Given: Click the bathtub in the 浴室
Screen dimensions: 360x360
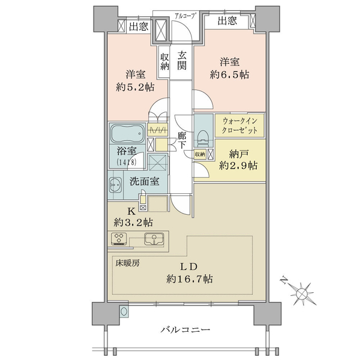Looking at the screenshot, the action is (x=127, y=133).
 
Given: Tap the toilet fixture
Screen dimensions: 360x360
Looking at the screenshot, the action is (x=203, y=139).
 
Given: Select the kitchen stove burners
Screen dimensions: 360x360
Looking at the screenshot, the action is (x=119, y=239).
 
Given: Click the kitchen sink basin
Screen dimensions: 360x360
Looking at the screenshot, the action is (x=154, y=239).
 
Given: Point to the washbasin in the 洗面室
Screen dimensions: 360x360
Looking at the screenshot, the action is (x=115, y=185).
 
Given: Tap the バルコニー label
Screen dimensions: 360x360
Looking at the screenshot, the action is (x=185, y=330).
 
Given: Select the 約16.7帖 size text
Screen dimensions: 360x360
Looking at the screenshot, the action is (x=190, y=279).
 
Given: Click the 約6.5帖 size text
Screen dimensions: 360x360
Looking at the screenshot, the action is (x=229, y=74).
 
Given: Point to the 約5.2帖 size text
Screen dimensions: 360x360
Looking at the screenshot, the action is (x=135, y=87).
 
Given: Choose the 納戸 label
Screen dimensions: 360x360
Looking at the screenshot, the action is (x=238, y=155).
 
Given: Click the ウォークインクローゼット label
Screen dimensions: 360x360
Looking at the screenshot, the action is (x=239, y=126).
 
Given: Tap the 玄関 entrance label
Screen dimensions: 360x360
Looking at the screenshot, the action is (x=182, y=61).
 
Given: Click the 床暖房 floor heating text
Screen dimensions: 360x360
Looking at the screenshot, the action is (x=127, y=263).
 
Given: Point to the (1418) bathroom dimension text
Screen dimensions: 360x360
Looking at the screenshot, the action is (x=127, y=162).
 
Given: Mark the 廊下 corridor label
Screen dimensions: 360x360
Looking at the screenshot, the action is (x=182, y=140).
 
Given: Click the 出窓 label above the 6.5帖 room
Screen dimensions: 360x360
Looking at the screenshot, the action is (x=227, y=22).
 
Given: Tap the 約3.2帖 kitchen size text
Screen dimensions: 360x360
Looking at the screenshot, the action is (x=133, y=222).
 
